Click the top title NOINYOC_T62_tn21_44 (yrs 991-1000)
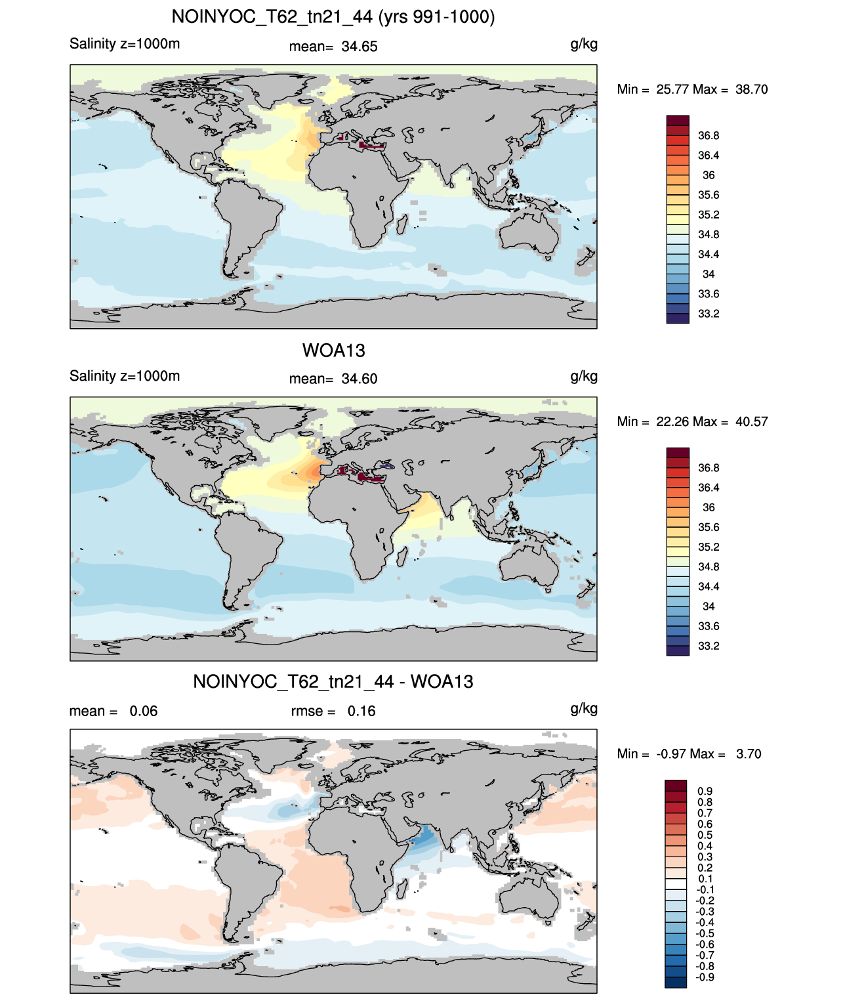(333, 17)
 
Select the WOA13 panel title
(333, 350)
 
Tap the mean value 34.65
(360, 47)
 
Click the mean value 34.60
(360, 379)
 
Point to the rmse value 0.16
(361, 711)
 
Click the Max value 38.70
(751, 89)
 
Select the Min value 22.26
(672, 421)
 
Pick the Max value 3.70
(749, 754)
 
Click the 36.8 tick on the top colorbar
(709, 136)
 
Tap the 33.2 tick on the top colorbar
(709, 314)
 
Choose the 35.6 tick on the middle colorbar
(709, 527)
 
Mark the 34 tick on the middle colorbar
(709, 606)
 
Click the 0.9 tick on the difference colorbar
(705, 791)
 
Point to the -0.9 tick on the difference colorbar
(705, 977)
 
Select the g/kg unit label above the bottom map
(584, 709)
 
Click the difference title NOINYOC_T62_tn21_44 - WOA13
(333, 681)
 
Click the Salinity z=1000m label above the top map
(125, 43)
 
